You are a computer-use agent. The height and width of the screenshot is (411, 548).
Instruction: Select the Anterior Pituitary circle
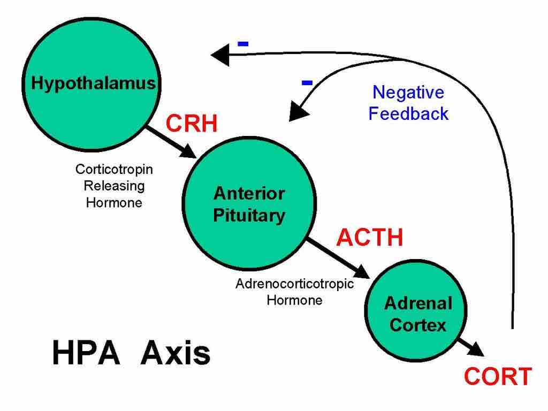pyautogui.click(x=249, y=203)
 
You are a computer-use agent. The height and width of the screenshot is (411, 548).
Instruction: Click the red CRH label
pyautogui.click(x=192, y=124)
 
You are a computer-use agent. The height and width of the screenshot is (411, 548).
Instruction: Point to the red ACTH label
pyautogui.click(x=369, y=237)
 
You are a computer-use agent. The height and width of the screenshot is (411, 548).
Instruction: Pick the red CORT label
pyautogui.click(x=498, y=377)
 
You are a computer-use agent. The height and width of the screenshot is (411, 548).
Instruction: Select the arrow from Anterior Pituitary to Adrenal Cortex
pyautogui.click(x=337, y=258)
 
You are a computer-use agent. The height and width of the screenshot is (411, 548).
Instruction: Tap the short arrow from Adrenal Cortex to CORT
pyautogui.click(x=471, y=347)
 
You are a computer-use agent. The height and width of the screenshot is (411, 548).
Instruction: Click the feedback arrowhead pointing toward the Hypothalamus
pyautogui.click(x=220, y=55)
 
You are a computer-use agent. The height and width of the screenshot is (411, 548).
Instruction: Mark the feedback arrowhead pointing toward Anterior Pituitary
pyautogui.click(x=298, y=111)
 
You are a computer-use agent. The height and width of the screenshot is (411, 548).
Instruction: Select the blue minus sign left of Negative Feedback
pyautogui.click(x=307, y=82)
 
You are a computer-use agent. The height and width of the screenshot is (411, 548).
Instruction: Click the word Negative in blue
pyautogui.click(x=408, y=93)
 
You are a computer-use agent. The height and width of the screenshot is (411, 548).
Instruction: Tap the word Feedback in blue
pyautogui.click(x=408, y=113)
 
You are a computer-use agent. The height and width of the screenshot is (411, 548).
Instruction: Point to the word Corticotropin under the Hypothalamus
pyautogui.click(x=114, y=169)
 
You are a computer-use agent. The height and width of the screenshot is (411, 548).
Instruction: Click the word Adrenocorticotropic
pyautogui.click(x=294, y=283)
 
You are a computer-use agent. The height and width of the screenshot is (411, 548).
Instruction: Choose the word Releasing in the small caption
pyautogui.click(x=114, y=186)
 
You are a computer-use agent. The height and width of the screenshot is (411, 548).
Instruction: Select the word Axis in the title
pyautogui.click(x=175, y=354)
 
